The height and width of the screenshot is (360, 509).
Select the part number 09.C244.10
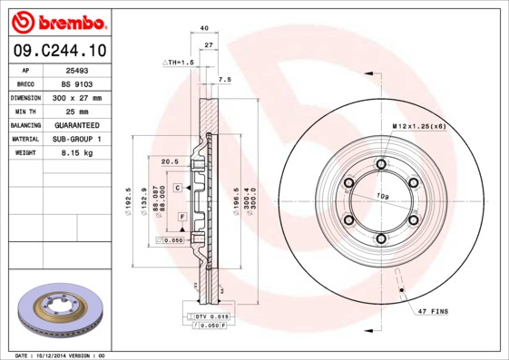[56, 51]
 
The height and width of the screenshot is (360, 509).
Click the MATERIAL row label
[24, 139]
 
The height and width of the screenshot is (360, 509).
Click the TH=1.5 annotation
[179, 62]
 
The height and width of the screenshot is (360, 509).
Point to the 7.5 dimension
[225, 80]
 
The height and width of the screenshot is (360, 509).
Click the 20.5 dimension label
[169, 161]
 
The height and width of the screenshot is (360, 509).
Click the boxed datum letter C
[178, 187]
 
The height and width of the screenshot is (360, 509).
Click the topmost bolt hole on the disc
[380, 163]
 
